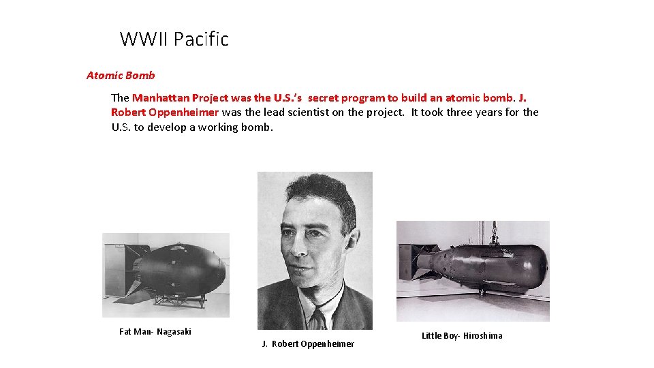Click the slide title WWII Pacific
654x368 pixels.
(174, 40)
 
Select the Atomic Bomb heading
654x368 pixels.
(121, 76)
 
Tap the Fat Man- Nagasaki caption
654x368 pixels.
(155, 332)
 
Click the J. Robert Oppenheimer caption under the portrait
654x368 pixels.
(308, 344)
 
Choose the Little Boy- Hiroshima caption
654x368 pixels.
(462, 335)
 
